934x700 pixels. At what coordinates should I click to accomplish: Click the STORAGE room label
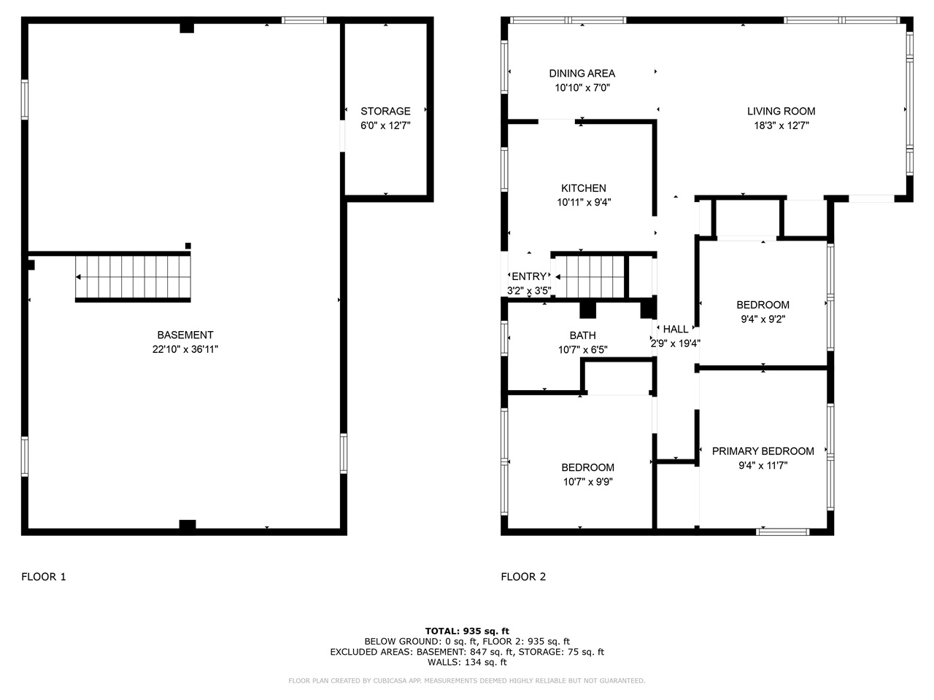pos(385,112)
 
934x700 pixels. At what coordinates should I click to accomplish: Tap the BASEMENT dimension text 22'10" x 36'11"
pos(185,349)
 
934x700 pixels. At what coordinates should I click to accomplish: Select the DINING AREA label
pos(582,74)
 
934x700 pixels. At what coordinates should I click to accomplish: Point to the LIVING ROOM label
pos(781,112)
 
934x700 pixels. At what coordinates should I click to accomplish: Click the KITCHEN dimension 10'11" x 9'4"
pos(584,203)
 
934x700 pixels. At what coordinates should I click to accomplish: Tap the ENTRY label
pos(528,276)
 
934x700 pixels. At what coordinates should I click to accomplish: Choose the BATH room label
pos(582,335)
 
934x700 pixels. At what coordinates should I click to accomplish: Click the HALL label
pos(675,330)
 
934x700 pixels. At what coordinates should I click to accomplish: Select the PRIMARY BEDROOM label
pos(763,451)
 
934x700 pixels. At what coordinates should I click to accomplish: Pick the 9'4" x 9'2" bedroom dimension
pos(763,319)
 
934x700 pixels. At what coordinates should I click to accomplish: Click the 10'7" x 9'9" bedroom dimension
pos(587,482)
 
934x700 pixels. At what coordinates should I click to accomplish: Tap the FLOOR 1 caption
pos(44,577)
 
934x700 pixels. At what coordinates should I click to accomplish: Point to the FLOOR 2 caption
pos(523,577)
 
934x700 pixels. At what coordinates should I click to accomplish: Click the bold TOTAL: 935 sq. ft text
pos(467,631)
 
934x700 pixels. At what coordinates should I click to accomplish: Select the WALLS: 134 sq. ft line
pos(467,662)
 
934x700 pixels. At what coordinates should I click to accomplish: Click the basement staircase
pos(133,277)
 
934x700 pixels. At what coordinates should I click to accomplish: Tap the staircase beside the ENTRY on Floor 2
pos(590,276)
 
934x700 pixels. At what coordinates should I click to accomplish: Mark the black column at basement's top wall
pos(187,28)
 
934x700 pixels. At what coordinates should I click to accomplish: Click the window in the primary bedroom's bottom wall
pos(782,532)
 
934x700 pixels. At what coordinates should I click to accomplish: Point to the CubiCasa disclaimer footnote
pos(467,681)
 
